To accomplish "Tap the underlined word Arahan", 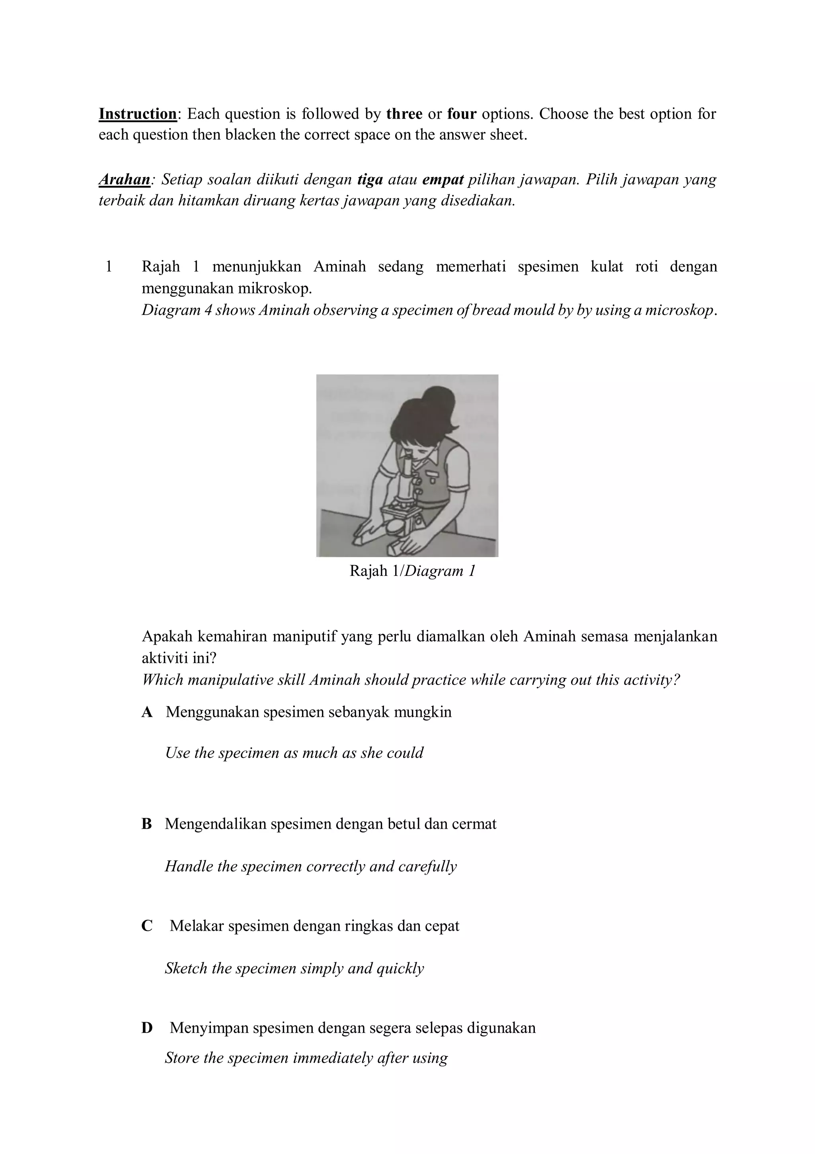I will [124, 180].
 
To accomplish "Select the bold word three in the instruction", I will [404, 114].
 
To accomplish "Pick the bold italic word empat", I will [443, 180].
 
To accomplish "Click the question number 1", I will [109, 266].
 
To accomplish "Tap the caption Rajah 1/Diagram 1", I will [412, 571].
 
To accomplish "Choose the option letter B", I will [146, 824].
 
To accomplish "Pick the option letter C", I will [147, 926].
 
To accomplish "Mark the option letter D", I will [147, 1028].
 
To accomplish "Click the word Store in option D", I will [183, 1058].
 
